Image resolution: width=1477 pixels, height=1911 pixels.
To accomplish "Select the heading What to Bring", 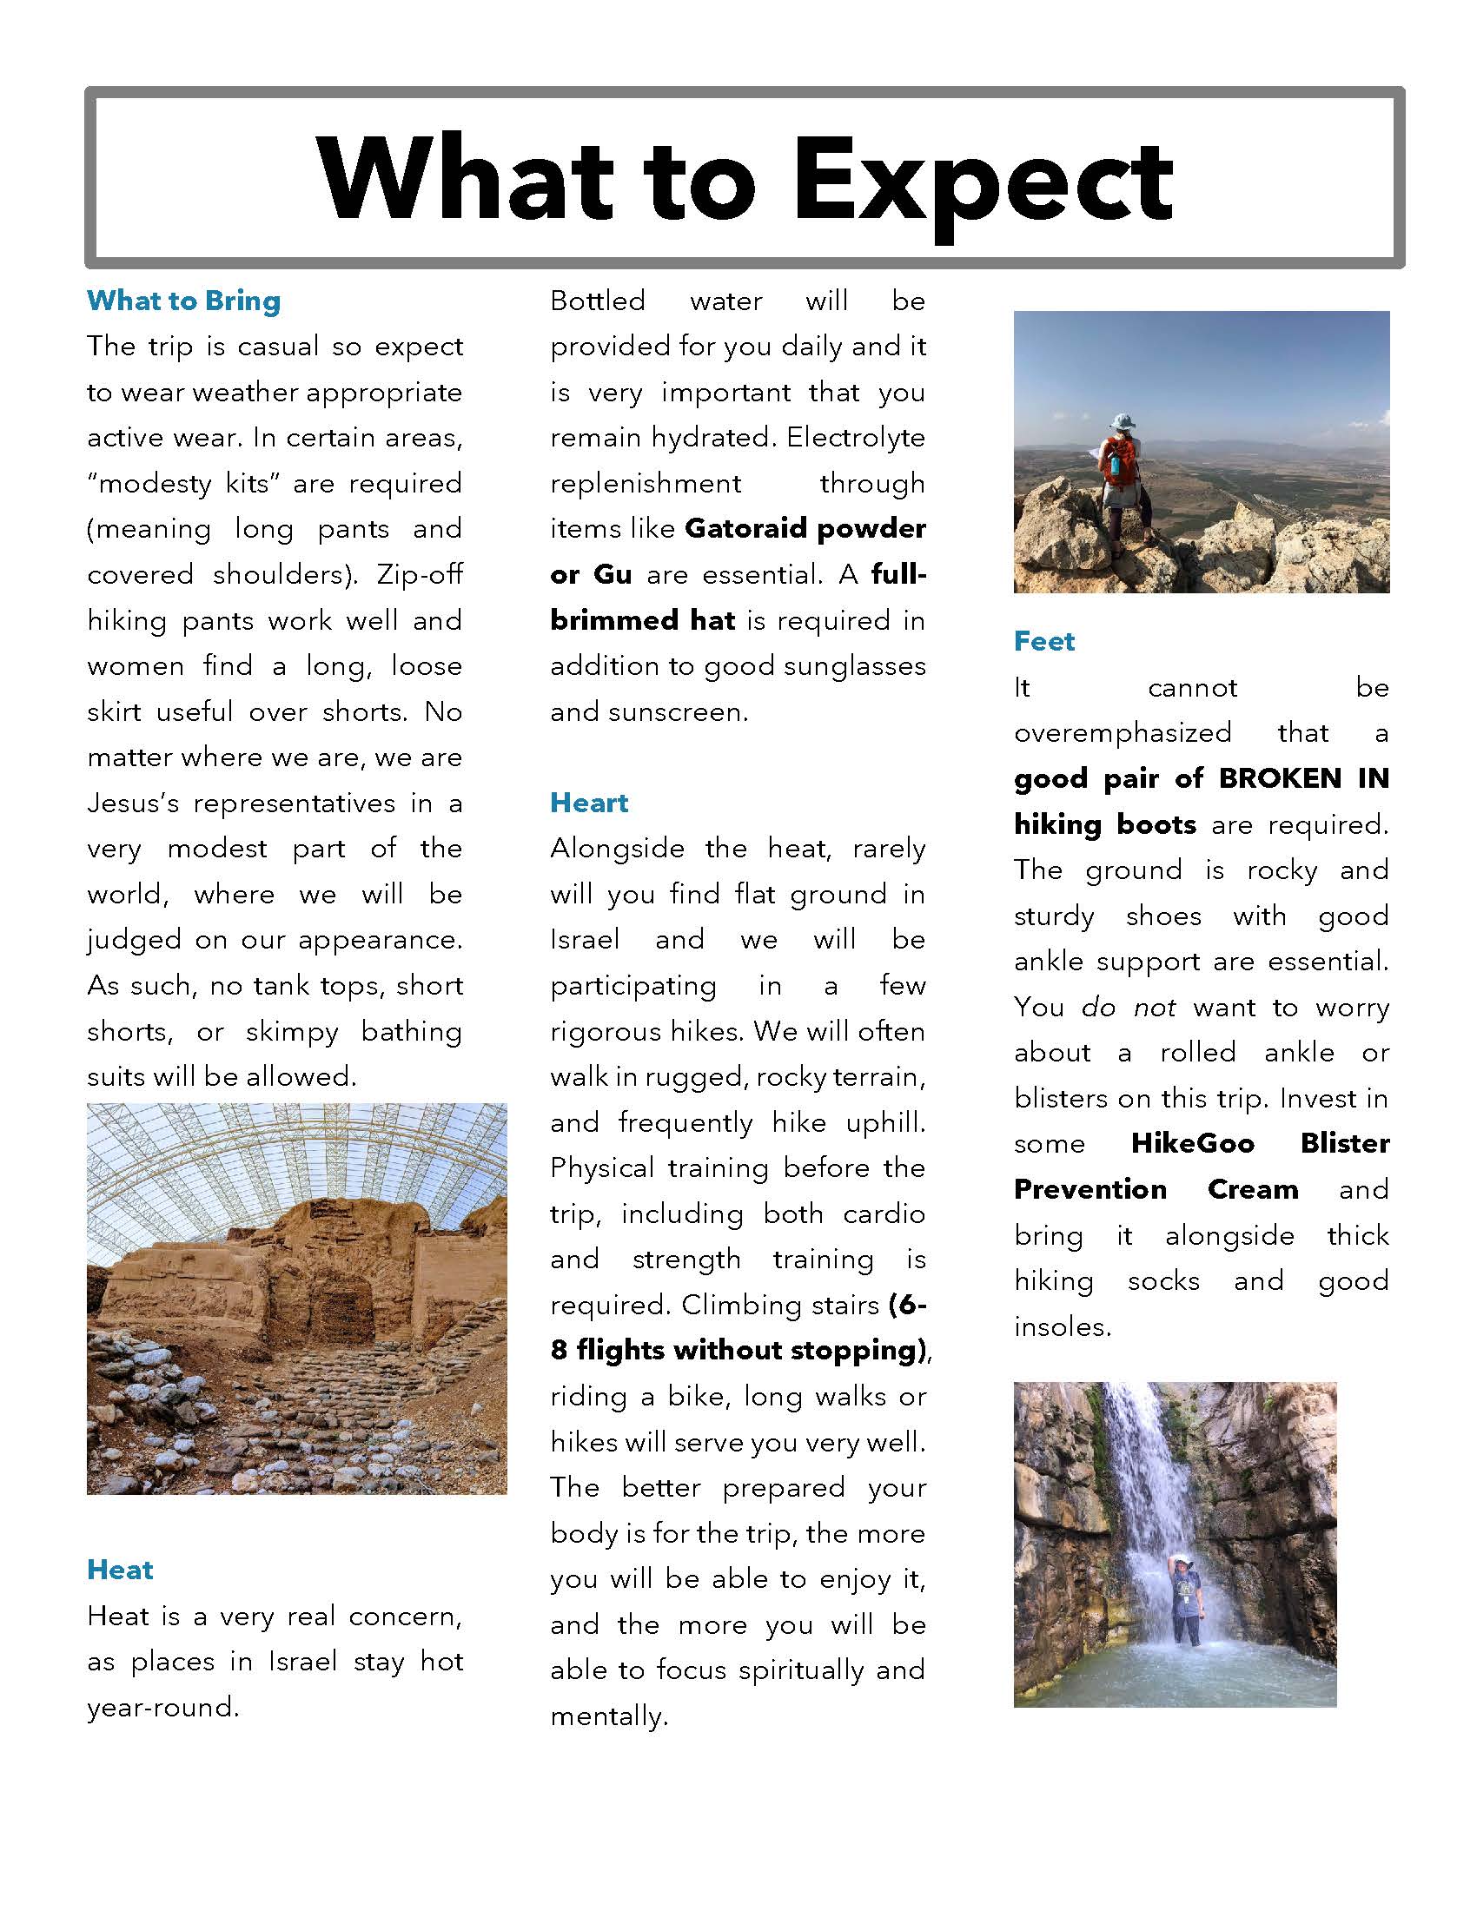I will (183, 301).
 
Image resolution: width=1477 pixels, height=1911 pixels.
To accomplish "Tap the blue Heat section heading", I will (120, 1570).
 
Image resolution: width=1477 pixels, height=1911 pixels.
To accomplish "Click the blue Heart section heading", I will (589, 803).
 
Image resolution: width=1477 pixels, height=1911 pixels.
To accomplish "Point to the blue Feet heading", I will (1043, 641).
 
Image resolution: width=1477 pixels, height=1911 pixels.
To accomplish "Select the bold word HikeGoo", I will (1192, 1143).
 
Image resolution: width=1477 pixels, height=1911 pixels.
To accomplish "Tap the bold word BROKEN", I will (1279, 778).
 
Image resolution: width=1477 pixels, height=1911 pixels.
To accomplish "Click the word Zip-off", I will (419, 575).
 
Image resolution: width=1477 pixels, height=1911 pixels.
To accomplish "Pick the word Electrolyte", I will (855, 438).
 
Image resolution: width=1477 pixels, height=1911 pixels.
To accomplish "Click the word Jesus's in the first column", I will (131, 803).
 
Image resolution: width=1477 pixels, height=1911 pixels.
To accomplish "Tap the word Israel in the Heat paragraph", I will (301, 1661).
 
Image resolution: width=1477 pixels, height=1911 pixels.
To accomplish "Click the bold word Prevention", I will (1090, 1189).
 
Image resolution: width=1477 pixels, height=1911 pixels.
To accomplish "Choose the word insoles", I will (1062, 1326).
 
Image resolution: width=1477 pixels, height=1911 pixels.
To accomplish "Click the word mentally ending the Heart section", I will (608, 1716).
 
